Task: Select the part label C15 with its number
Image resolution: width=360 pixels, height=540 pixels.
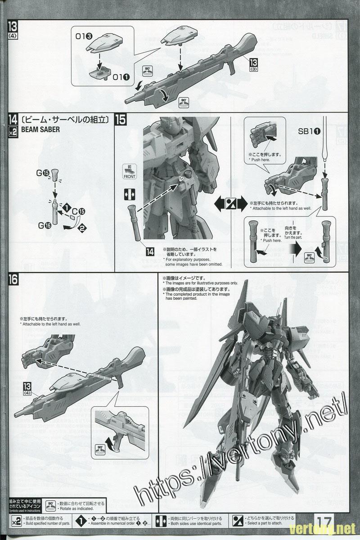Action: click(x=79, y=210)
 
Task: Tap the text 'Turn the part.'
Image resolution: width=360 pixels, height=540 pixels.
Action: click(x=296, y=237)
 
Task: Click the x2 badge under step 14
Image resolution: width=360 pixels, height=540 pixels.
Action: click(x=13, y=131)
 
